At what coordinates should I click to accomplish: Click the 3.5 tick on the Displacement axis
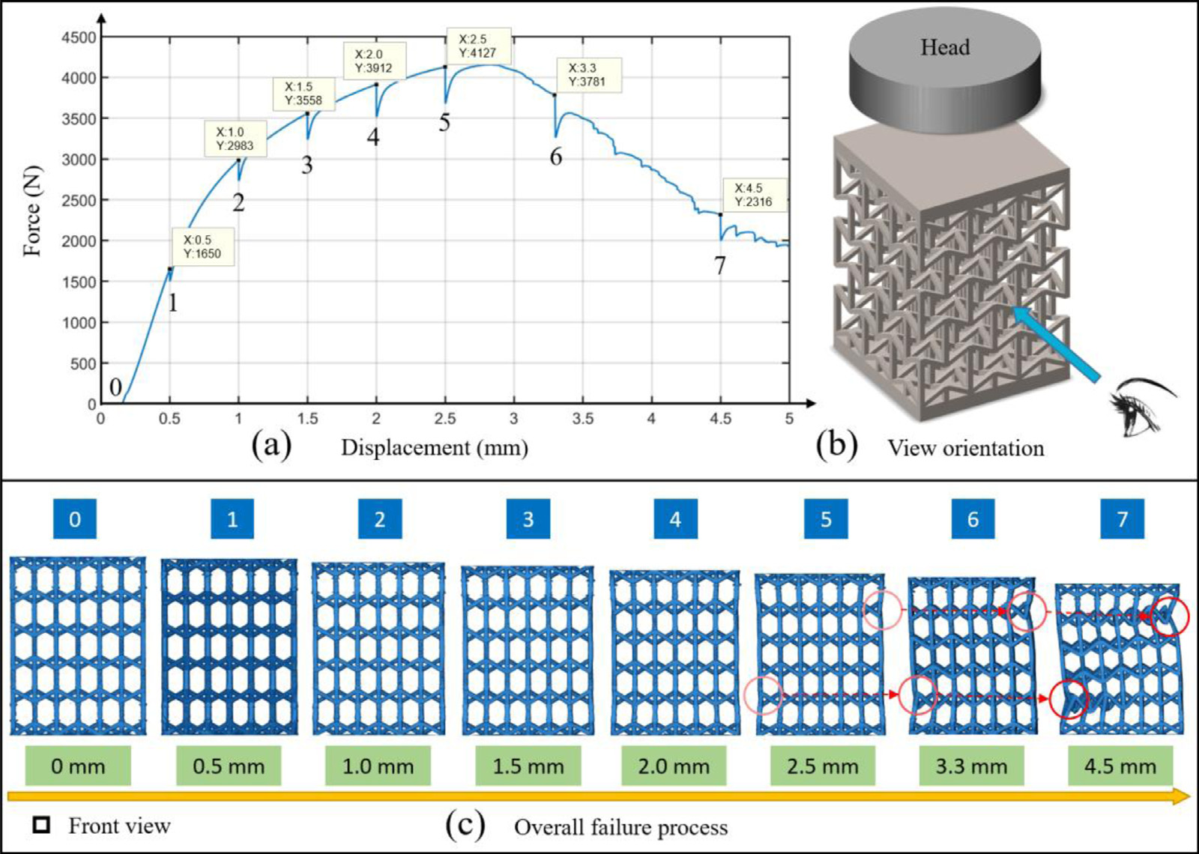583,419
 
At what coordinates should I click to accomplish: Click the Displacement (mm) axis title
435,447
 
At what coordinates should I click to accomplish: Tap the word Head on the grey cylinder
945,47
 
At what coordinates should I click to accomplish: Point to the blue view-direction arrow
1056,344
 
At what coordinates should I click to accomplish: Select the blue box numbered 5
826,519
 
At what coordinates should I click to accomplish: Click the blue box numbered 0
75,519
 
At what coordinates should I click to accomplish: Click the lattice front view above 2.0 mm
675,652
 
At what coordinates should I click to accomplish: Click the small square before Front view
41,825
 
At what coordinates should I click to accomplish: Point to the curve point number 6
555,95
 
